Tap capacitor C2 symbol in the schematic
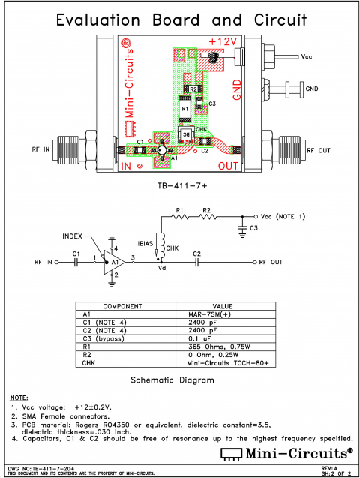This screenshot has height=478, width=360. (x=196, y=263)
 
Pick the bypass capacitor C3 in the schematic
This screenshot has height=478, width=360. (x=242, y=223)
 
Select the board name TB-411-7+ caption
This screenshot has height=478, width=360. (x=180, y=185)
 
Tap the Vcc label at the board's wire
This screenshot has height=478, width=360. (x=307, y=56)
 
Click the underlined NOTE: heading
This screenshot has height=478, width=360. (x=19, y=396)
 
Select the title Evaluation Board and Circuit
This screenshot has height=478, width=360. (x=180, y=18)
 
